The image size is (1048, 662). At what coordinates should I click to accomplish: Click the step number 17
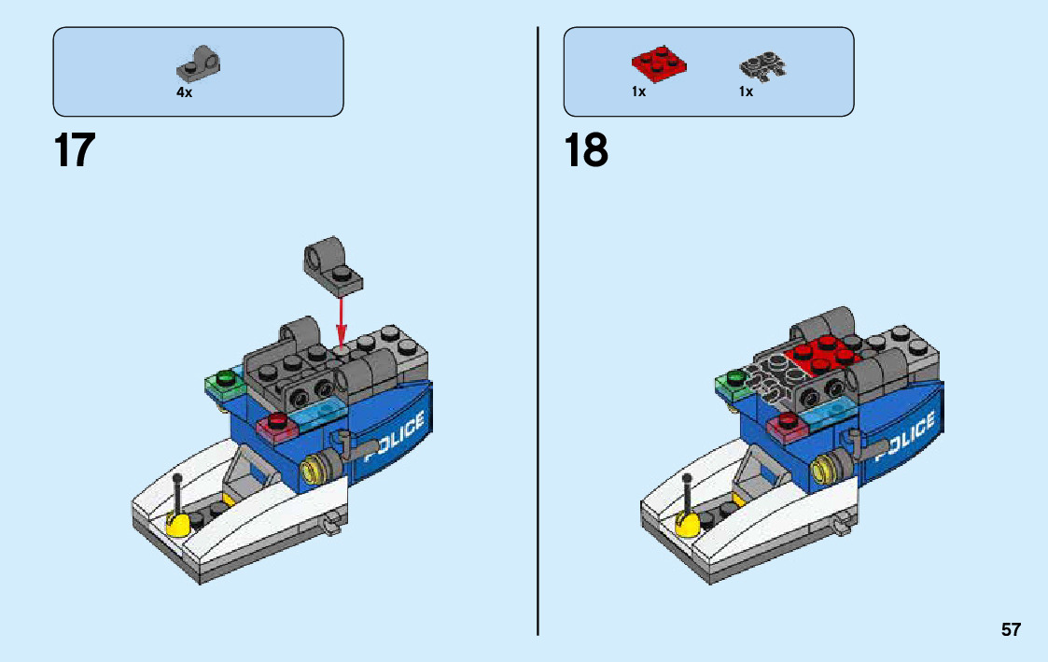75,150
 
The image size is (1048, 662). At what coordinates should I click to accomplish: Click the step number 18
586,150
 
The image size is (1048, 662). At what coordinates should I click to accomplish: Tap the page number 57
1011,630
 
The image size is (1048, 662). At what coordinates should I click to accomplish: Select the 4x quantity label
184,92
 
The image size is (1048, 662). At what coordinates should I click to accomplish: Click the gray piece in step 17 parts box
199,63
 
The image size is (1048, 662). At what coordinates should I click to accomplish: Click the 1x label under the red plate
638,92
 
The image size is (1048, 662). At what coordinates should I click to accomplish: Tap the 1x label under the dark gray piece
746,92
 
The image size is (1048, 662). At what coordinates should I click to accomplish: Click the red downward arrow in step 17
342,321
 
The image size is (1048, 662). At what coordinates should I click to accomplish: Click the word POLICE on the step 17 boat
394,439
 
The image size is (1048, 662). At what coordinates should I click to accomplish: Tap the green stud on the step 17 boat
224,378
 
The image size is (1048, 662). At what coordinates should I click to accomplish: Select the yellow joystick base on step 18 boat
688,523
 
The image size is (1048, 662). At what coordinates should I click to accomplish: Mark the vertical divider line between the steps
538,327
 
